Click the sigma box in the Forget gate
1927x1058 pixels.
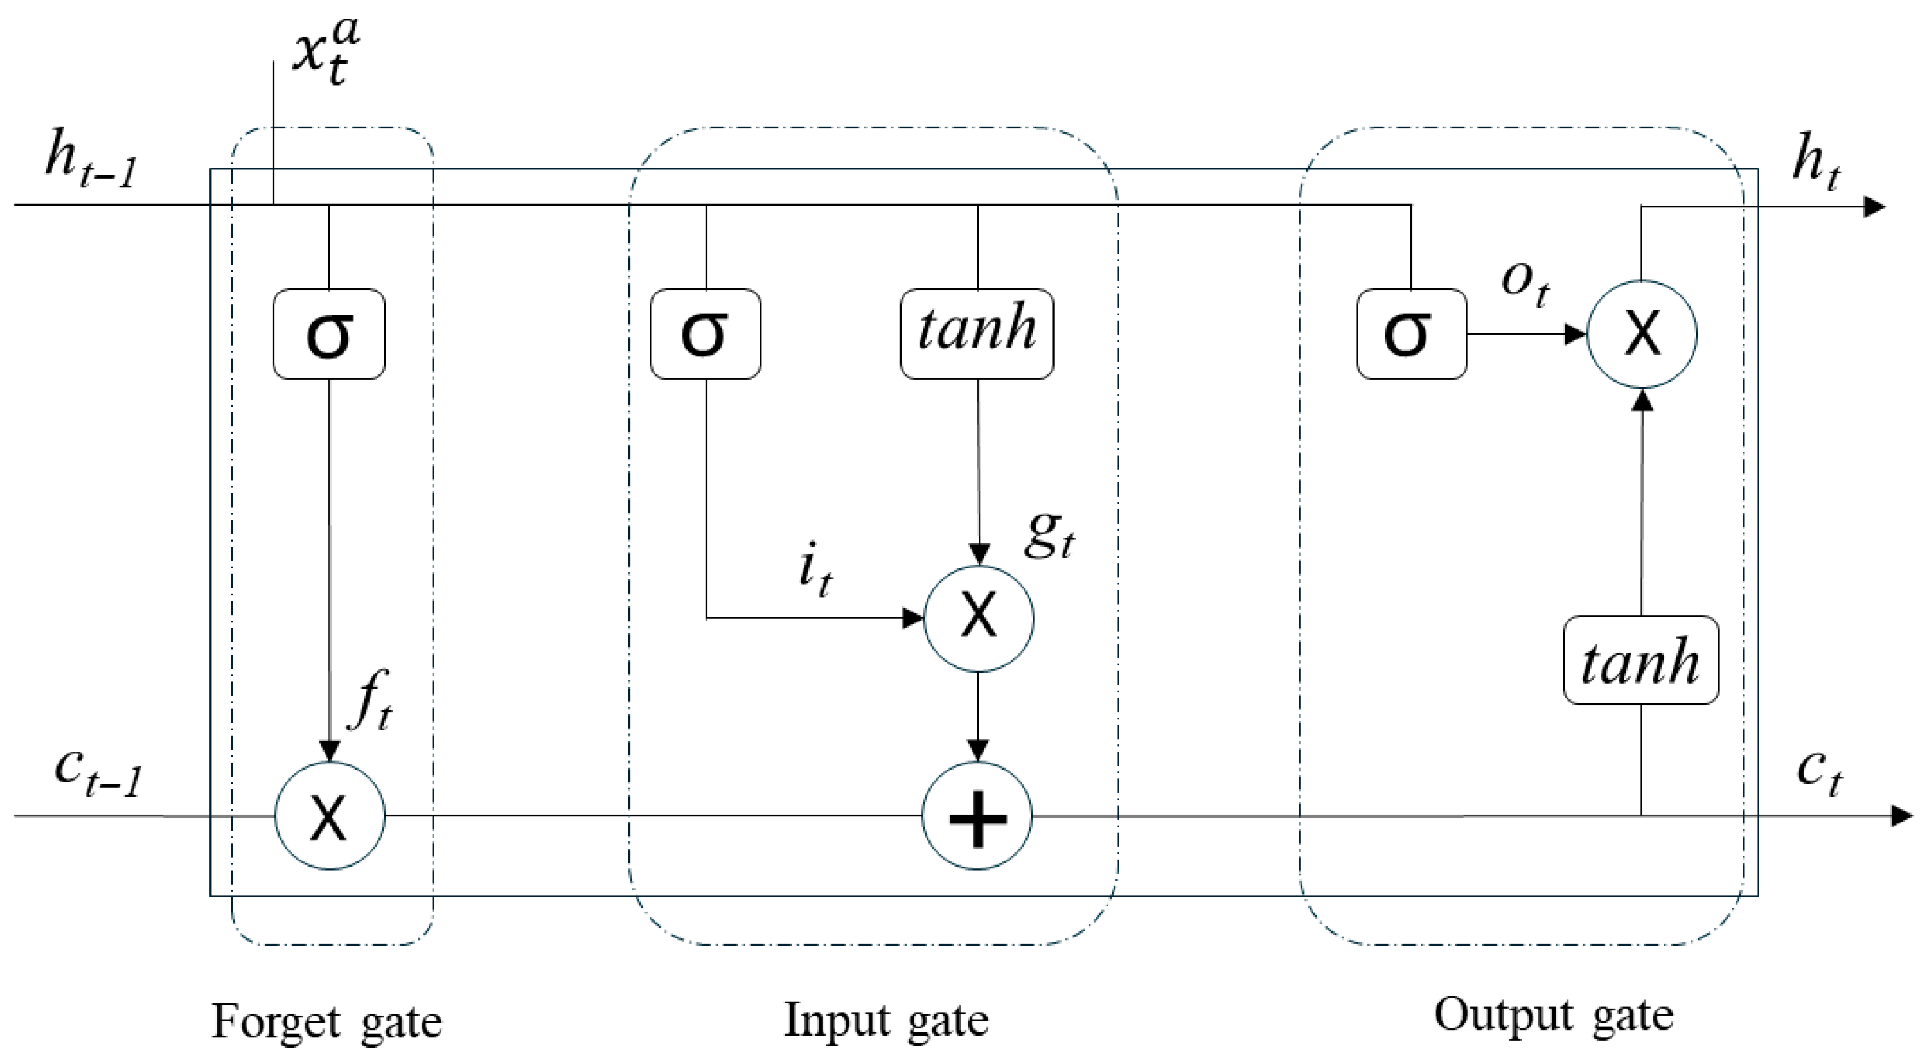(x=329, y=334)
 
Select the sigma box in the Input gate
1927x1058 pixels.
(x=705, y=334)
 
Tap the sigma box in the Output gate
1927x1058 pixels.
(x=1412, y=334)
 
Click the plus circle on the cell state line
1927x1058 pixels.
(x=977, y=816)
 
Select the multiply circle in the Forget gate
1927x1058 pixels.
(x=330, y=816)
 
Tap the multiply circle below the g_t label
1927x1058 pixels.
(x=978, y=618)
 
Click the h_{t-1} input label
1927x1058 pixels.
(x=90, y=164)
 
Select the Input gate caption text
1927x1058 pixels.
(x=886, y=1020)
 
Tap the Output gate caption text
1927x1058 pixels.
(x=1554, y=1015)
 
